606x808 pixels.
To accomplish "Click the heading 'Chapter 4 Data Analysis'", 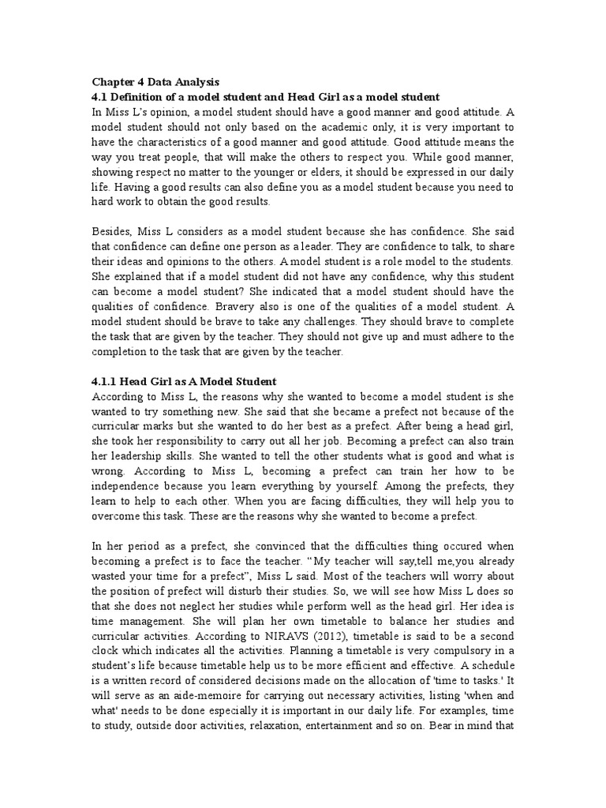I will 156,81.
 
